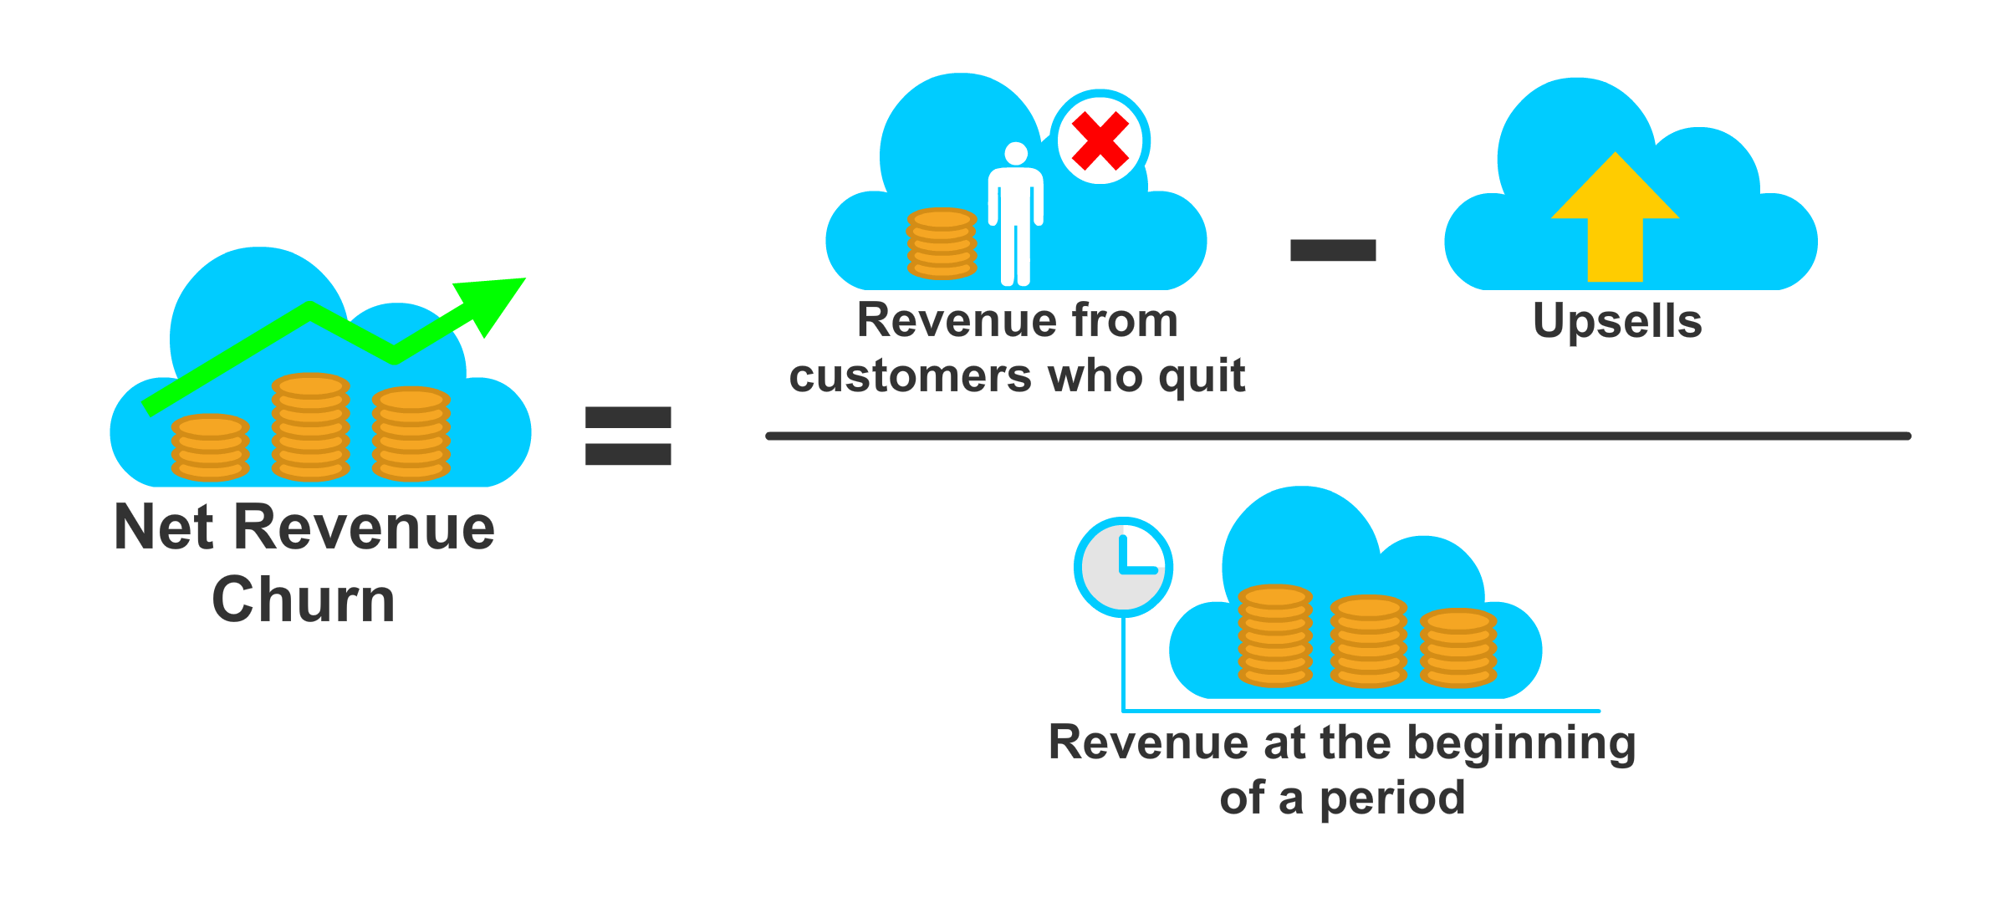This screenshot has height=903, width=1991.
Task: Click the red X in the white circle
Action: coord(1100,140)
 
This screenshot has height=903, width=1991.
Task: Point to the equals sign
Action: coord(628,436)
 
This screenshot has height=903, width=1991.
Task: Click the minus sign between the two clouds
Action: coord(1332,250)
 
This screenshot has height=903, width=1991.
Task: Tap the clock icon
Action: coord(1123,568)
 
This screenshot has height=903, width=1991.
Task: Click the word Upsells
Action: coord(1616,321)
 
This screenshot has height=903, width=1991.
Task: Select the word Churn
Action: coord(303,599)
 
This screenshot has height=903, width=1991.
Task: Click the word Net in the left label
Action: coord(164,528)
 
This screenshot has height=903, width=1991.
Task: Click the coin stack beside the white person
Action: coord(942,243)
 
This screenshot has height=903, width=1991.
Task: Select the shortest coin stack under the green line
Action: coord(211,447)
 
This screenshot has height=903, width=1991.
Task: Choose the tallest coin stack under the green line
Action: coord(310,426)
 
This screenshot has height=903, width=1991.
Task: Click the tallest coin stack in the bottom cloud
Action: coord(1274,635)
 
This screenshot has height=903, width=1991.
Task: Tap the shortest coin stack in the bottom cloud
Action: coord(1458,648)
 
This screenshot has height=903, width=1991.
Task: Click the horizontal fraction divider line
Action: coord(1338,436)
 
